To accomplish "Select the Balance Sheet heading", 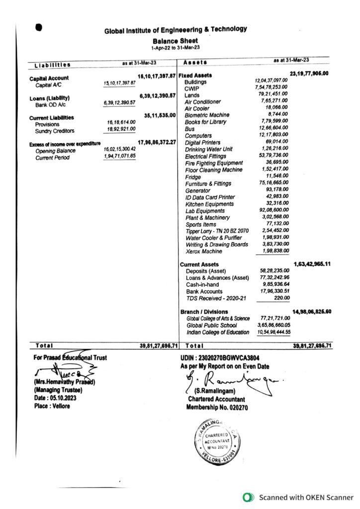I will pos(175,41).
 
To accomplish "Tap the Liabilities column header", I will pos(52,65).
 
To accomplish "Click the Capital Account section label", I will pos(49,79).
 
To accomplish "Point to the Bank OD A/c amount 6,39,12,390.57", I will pos(119,103).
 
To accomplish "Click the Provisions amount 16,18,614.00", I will pos(121,122).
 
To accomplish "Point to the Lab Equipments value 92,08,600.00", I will pos(274,211).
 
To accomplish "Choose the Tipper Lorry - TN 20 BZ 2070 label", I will pos(216,231).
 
